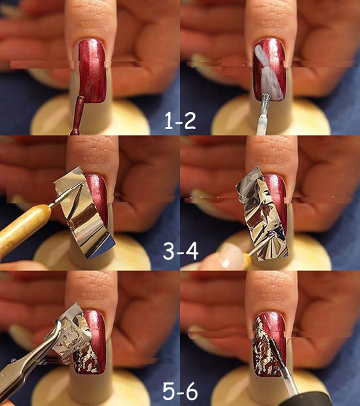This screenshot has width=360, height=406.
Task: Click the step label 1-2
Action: (180, 121)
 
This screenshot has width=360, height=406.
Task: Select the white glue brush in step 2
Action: (264, 114)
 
